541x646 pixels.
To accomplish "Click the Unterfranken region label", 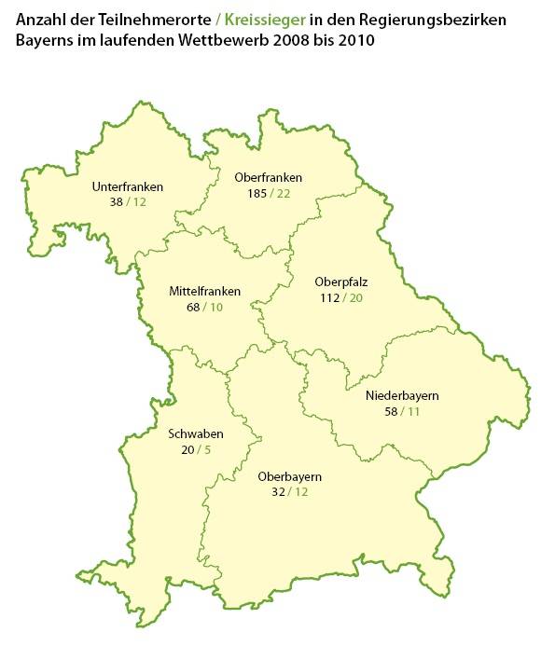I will click(128, 186).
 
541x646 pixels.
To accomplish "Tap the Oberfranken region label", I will click(269, 178).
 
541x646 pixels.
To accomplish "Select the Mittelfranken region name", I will click(204, 292).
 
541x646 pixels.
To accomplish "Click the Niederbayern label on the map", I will click(402, 395).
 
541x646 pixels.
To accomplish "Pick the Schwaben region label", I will click(194, 433).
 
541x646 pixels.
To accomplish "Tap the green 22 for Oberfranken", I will click(284, 193).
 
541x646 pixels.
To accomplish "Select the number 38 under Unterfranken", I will click(116, 201).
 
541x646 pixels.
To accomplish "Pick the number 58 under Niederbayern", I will click(390, 410).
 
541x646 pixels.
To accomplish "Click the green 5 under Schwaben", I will click(207, 448).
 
